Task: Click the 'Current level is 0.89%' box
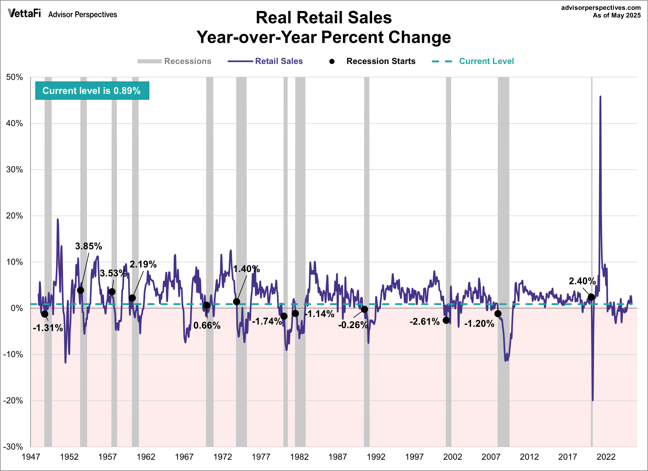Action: click(92, 91)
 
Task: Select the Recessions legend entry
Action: click(174, 61)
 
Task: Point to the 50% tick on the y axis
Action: click(14, 77)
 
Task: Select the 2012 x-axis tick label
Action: click(529, 457)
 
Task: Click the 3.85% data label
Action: click(88, 246)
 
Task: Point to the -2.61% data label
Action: click(424, 322)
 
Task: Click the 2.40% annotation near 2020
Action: click(582, 281)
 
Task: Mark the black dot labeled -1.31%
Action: click(44, 314)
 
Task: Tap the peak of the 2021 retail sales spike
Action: click(600, 97)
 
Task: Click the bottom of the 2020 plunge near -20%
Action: click(593, 400)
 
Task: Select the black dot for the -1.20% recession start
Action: click(498, 313)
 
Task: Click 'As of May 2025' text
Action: click(617, 16)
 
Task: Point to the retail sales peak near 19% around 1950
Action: click(58, 219)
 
